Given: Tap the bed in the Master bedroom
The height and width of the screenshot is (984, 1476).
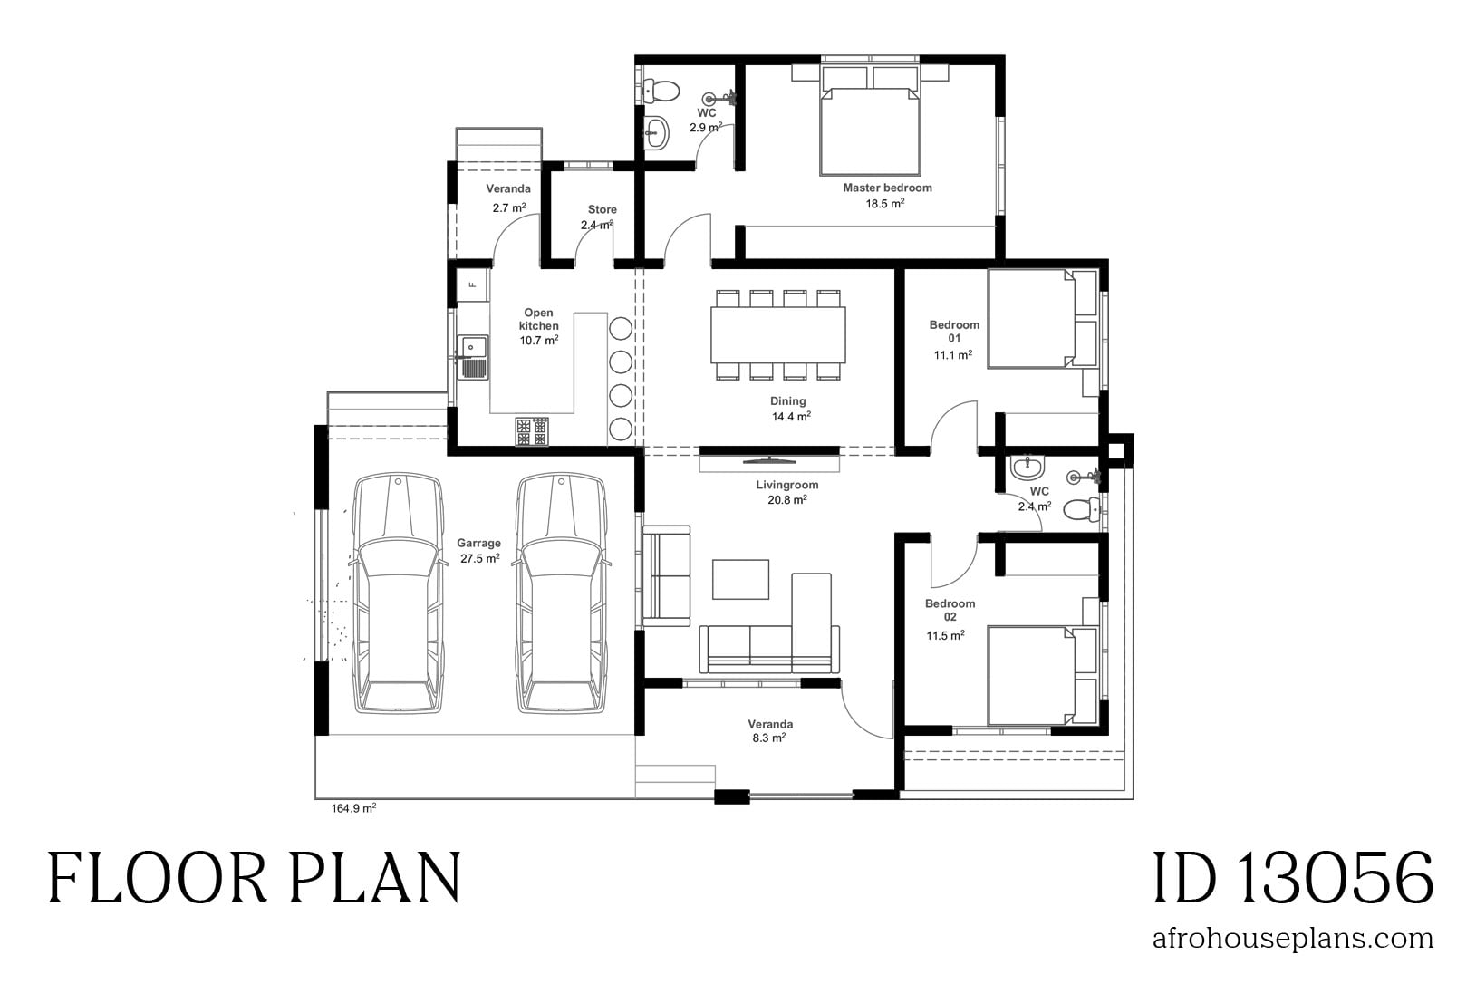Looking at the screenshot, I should (x=870, y=127).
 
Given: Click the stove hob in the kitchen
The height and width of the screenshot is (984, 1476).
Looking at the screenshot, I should (x=532, y=431).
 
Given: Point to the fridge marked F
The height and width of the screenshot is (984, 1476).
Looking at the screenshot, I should (x=472, y=284).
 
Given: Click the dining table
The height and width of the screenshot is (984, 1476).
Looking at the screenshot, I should (x=778, y=334).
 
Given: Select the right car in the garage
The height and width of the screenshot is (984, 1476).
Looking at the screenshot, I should (x=561, y=593).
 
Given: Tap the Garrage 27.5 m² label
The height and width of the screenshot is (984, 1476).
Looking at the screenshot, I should (x=479, y=551).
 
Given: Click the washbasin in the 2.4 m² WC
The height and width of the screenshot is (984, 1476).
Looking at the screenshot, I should (x=1027, y=468).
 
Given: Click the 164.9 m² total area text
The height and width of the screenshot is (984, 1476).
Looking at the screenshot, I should (x=354, y=808).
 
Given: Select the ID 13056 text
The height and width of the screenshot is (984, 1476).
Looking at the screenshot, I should (x=1293, y=878).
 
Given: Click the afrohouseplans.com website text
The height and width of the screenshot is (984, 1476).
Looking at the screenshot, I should (x=1292, y=938).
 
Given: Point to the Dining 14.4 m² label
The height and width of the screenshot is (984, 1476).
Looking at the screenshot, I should (x=788, y=409).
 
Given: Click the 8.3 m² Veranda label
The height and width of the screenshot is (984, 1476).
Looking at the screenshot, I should (x=770, y=731).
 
